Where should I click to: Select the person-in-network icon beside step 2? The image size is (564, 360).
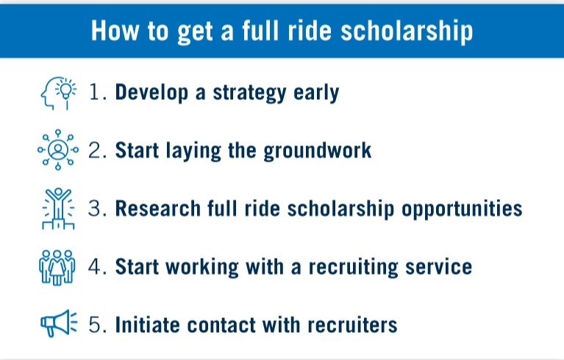pyautogui.click(x=57, y=151)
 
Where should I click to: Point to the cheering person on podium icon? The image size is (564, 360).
pyautogui.click(x=57, y=209)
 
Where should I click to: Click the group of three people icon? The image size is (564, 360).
pyautogui.click(x=57, y=266)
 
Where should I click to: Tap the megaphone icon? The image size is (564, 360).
pyautogui.click(x=57, y=323)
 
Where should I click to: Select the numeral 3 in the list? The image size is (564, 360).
pyautogui.click(x=96, y=209)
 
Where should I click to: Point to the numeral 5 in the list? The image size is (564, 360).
pyautogui.click(x=96, y=324)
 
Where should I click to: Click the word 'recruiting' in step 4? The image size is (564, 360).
pyautogui.click(x=343, y=266)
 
